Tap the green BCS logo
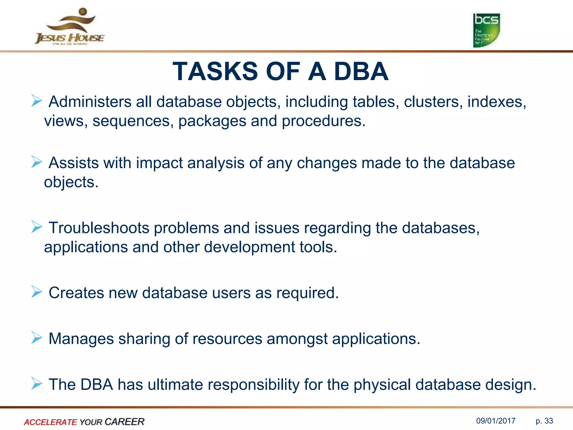tap(486, 30)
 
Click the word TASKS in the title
tap(215, 72)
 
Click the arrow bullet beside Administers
tap(37, 101)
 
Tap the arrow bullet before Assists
tap(37, 162)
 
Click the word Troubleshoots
tap(99, 228)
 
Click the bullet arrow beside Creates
tap(37, 292)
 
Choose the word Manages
tap(81, 339)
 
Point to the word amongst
tap(297, 339)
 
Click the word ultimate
tap(175, 385)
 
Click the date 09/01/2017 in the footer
tap(496, 421)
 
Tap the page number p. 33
tap(544, 421)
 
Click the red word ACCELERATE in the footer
tap(50, 422)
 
